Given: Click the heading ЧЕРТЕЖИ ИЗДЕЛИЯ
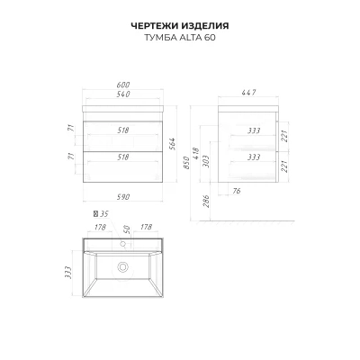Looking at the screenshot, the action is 180,26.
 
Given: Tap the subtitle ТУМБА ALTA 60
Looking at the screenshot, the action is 180,38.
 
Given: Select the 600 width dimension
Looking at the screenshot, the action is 123,85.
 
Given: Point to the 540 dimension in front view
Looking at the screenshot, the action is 123,94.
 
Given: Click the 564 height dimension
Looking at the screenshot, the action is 173,145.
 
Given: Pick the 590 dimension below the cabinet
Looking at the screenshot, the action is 123,197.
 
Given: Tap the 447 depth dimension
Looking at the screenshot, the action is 248,93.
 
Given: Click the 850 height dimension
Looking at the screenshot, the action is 186,163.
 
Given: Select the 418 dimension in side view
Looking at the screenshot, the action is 196,154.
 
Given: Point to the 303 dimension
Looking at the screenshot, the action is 206,161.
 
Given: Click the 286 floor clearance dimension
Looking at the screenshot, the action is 206,202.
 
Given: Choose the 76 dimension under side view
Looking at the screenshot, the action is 237,191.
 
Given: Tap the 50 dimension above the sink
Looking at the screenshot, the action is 127,229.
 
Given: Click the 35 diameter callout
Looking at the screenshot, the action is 101,214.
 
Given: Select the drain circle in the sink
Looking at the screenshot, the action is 122,266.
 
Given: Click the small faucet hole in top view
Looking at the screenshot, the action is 122,244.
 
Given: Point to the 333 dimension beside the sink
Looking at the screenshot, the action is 69,273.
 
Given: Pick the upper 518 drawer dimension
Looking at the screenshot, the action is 123,130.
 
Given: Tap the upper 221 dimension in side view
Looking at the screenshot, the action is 284,136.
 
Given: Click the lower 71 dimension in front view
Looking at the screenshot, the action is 71,156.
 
